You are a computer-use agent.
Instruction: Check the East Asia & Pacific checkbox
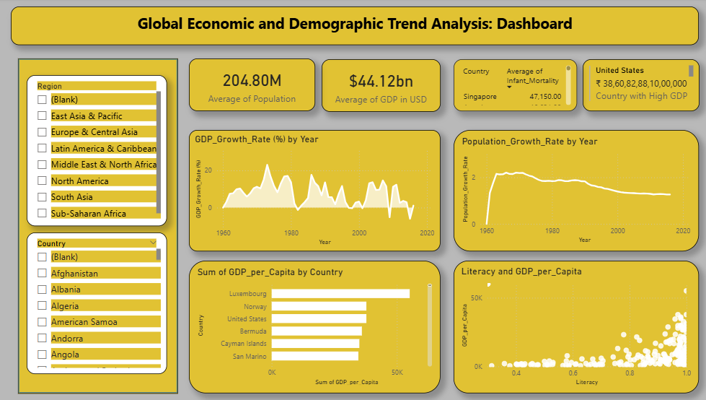[x=42, y=116]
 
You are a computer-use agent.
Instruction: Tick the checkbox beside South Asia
[x=42, y=197]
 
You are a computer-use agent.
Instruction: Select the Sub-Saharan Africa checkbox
[x=42, y=214]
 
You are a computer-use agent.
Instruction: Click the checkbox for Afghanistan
[x=42, y=274]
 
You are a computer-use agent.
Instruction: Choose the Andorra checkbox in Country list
[x=42, y=339]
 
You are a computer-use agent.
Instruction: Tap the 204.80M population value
[x=252, y=81]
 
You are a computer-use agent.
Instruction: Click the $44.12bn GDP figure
[x=380, y=81]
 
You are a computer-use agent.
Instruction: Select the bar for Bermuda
[x=317, y=331]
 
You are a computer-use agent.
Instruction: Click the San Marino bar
[x=314, y=356]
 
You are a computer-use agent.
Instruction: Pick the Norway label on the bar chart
[x=255, y=306]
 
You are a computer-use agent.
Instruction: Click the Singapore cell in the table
[x=480, y=96]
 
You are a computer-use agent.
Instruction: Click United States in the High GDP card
[x=619, y=71]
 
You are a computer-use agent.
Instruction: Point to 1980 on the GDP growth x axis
[x=291, y=233]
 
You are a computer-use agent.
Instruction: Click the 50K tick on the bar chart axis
[x=397, y=373]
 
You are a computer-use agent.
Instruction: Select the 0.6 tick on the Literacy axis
[x=573, y=373]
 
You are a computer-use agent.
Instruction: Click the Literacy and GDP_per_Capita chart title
[x=521, y=271]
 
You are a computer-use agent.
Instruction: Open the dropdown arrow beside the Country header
[x=153, y=243]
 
